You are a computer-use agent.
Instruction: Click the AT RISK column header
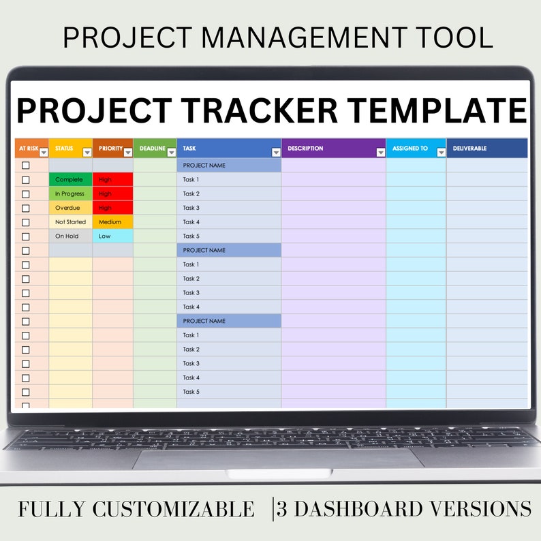(28, 148)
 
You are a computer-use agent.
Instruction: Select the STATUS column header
(64, 148)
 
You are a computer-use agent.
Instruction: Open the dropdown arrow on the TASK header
(276, 153)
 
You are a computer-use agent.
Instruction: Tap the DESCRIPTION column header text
(305, 148)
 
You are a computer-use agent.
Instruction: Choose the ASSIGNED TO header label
(410, 148)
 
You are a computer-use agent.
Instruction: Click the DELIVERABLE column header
(469, 148)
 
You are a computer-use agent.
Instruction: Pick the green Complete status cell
(69, 180)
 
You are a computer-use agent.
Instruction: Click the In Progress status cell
(69, 194)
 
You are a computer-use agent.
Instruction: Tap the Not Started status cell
(70, 222)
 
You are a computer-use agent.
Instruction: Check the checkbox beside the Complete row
(26, 180)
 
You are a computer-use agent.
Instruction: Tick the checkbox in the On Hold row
(26, 236)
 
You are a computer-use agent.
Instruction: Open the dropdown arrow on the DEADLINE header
(171, 153)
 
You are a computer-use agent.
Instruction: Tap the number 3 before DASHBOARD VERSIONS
(281, 509)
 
